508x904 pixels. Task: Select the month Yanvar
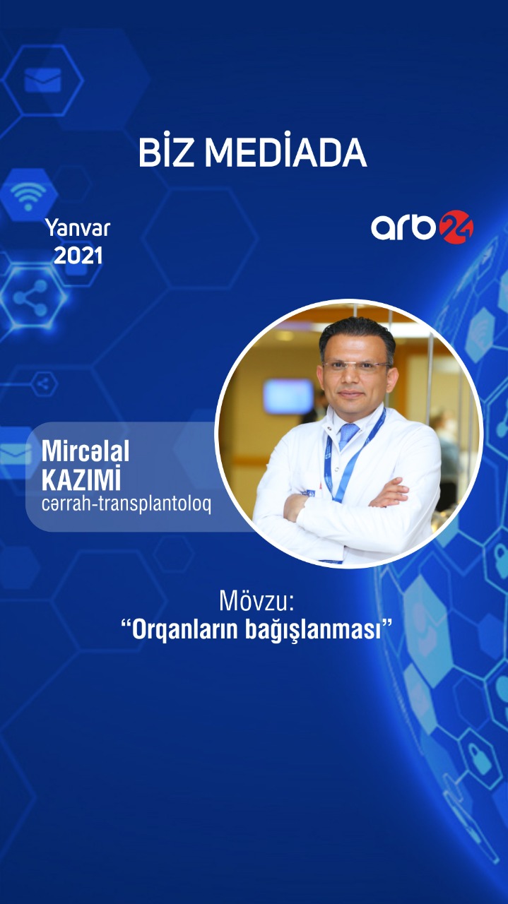pyautogui.click(x=78, y=228)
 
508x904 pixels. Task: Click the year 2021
pyautogui.click(x=78, y=256)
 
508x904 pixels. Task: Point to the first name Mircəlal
pyautogui.click(x=85, y=452)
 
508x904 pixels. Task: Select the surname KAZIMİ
pyautogui.click(x=81, y=480)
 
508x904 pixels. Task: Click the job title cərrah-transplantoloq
pyautogui.click(x=126, y=506)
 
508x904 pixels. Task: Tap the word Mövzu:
pyautogui.click(x=255, y=602)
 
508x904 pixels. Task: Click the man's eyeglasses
pyautogui.click(x=355, y=367)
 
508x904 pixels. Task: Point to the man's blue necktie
pyautogui.click(x=348, y=436)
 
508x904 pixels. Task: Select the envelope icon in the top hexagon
pyautogui.click(x=42, y=80)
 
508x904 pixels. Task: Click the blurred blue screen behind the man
pyautogui.click(x=288, y=396)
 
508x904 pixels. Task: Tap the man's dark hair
pyautogui.click(x=356, y=333)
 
